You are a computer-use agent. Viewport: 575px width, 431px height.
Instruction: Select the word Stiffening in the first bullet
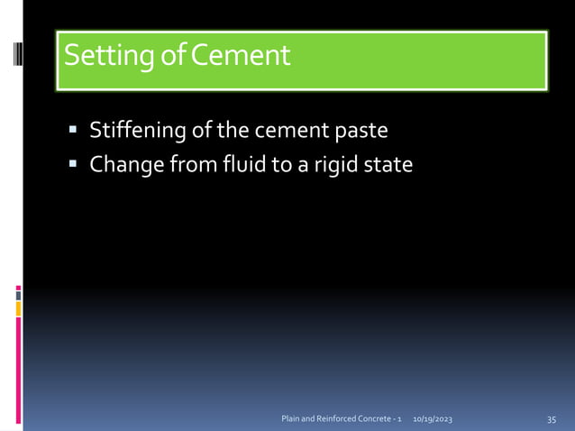pos(138,132)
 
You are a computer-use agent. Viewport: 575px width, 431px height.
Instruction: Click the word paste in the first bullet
pos(361,132)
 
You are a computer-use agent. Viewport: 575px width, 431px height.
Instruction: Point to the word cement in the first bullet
pos(291,132)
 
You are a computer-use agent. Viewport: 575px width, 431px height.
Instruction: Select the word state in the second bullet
pos(389,166)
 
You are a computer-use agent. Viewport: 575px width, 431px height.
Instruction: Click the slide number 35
pos(552,420)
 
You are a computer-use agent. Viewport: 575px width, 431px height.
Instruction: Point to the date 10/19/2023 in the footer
pos(433,420)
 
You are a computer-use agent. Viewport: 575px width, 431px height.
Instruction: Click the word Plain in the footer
pos(292,420)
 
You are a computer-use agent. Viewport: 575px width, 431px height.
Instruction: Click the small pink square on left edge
pos(18,290)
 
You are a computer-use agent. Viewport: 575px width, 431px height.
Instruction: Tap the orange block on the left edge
pos(18,309)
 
